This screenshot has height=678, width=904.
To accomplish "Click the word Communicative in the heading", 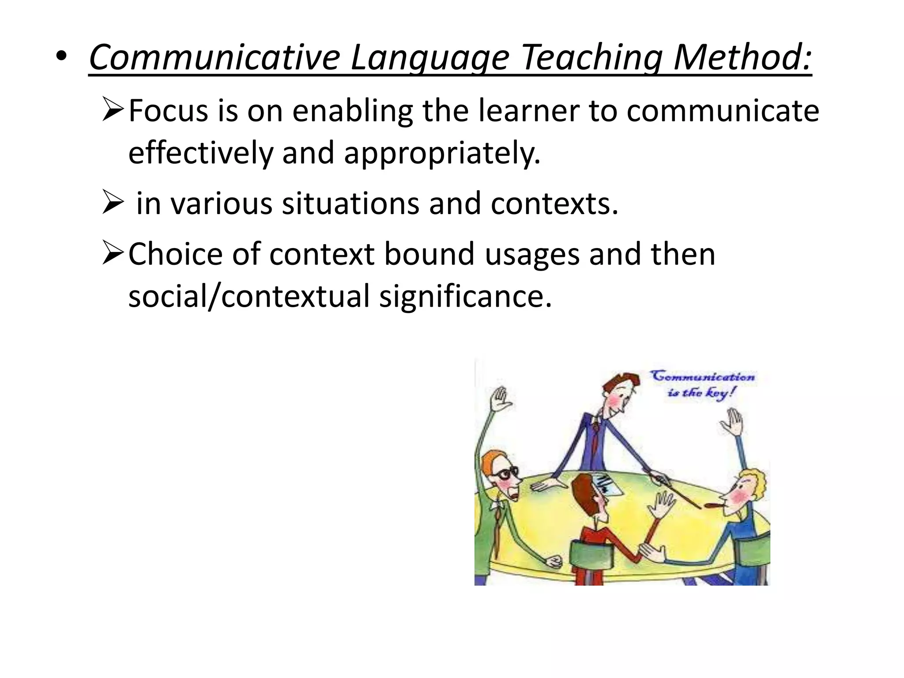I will pos(215,57).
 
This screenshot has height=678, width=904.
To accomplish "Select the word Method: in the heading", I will pos(742,57).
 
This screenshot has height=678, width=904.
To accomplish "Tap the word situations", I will pos(350,203).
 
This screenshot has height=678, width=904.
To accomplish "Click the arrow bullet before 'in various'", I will pos(112,202).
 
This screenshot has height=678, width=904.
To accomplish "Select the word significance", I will pos(465,296).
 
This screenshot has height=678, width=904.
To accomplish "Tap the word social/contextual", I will pos(249,296).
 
